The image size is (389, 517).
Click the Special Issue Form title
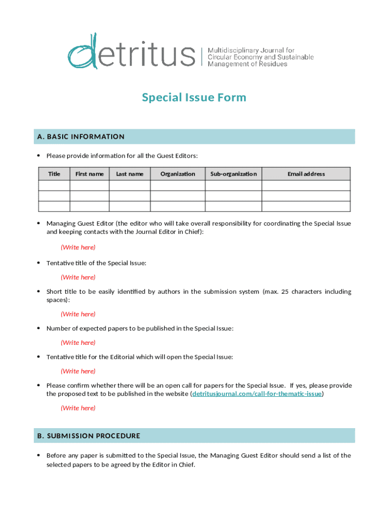point(194,97)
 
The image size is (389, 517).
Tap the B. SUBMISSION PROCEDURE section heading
point(88,436)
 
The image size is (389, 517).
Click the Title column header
point(54,174)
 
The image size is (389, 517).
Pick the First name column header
point(89,174)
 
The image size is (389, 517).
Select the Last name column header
point(130,174)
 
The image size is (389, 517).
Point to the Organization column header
point(178,174)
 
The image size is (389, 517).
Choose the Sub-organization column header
point(233,174)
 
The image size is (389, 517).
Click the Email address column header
point(306,174)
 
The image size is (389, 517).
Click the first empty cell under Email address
point(306,186)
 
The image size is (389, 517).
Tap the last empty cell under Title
point(54,206)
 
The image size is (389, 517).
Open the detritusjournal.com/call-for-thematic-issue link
point(257,394)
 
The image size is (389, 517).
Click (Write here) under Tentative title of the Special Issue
point(78,277)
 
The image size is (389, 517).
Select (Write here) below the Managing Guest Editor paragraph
point(78,247)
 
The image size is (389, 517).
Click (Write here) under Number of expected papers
point(78,343)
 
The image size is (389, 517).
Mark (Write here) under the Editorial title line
point(78,371)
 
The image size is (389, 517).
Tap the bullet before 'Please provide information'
point(39,156)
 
